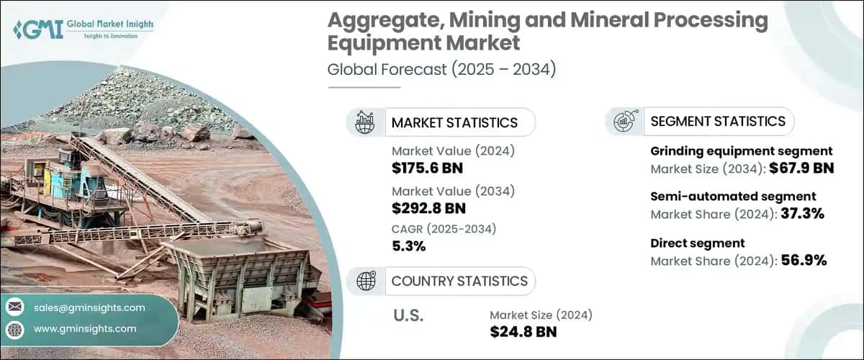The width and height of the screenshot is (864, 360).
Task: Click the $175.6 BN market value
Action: (x=428, y=169)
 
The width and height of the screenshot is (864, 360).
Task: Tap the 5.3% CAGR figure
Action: (x=409, y=246)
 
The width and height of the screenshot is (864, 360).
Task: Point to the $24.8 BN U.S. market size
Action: (x=523, y=331)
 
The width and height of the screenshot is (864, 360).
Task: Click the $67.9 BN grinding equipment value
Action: (x=801, y=169)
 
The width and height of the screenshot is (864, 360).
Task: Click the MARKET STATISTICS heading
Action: (x=454, y=122)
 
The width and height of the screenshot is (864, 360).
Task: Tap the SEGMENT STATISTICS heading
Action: (x=718, y=122)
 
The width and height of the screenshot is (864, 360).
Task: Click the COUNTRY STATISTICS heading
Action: (x=459, y=281)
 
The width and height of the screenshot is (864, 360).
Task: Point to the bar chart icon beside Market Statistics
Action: (x=365, y=122)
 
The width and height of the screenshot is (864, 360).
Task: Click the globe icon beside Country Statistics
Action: (x=366, y=281)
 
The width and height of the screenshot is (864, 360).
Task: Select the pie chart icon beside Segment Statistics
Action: (x=624, y=122)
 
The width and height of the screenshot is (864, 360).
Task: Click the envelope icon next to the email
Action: (x=14, y=307)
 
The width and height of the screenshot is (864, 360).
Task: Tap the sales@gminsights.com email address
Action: (x=89, y=307)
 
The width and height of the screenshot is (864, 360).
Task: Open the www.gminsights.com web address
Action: (x=85, y=328)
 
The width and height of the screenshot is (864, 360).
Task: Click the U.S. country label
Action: (x=408, y=315)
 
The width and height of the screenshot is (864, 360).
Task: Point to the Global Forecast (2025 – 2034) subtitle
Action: (x=441, y=70)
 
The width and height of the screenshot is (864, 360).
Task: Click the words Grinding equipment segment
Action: (x=742, y=151)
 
